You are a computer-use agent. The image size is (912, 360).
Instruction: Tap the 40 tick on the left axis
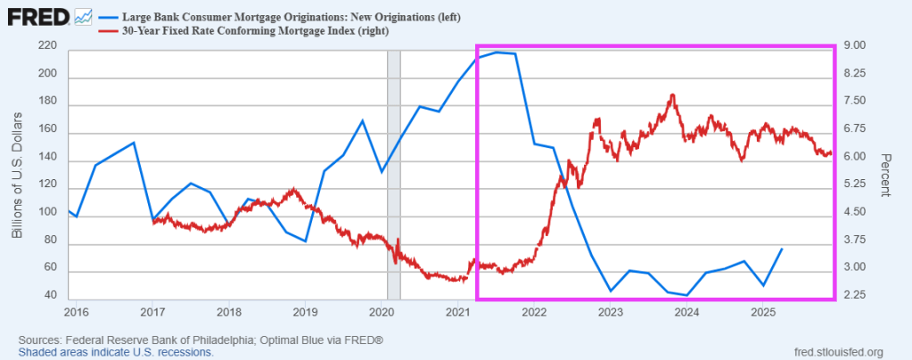(52, 295)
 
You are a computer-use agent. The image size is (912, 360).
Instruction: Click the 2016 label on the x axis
(76, 312)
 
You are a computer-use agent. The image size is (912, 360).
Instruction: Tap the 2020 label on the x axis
(381, 312)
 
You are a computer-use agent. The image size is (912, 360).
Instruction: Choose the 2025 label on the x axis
(762, 312)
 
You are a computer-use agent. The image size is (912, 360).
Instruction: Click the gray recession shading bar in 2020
(393, 169)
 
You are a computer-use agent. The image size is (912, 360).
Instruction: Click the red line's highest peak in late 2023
(672, 94)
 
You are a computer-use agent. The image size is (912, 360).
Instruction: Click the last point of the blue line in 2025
(782, 249)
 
